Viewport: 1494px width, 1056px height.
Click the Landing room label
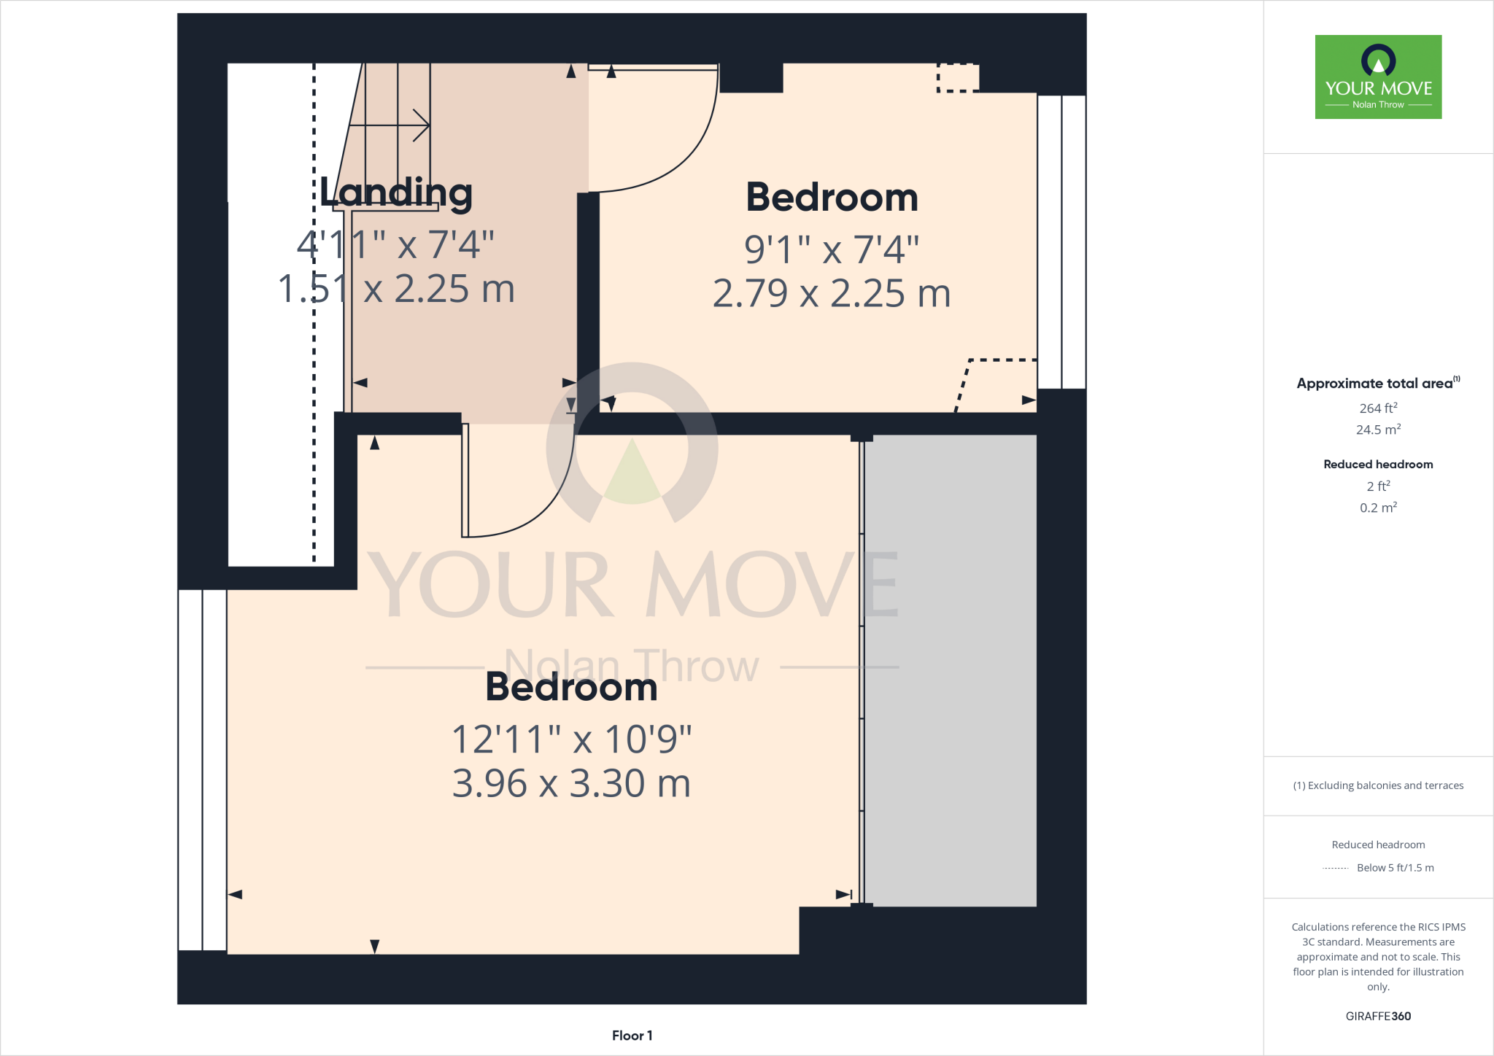396,193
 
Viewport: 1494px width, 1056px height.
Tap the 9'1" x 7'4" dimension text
832,249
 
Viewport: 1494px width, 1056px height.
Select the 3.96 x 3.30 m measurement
571,784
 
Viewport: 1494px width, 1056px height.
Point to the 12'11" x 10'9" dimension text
571,739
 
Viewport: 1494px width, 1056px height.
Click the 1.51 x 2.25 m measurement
396,289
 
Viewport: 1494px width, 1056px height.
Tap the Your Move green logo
1378,77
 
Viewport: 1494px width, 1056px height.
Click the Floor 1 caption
632,1036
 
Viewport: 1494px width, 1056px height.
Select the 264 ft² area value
1378,408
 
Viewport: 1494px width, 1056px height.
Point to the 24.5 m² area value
1378,430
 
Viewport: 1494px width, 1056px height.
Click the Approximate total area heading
1375,384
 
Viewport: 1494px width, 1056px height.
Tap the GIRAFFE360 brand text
1378,1016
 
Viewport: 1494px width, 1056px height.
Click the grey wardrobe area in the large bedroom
951,671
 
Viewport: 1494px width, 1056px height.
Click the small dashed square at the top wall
958,77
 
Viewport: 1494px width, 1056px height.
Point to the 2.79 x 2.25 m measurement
832,294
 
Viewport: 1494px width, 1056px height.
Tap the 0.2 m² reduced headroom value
1378,508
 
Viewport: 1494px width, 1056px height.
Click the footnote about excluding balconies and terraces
1378,785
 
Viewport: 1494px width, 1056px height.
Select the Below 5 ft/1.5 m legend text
1395,868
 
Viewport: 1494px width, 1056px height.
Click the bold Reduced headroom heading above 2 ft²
1378,465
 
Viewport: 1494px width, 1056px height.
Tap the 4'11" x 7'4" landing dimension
396,244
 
